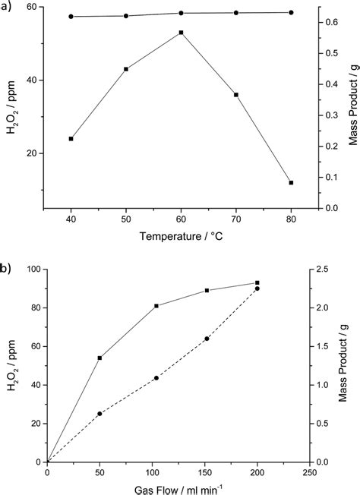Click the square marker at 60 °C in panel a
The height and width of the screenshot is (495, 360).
pyautogui.click(x=181, y=33)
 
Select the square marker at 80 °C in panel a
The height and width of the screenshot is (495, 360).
pyautogui.click(x=291, y=182)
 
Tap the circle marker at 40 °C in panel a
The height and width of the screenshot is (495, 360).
pyautogui.click(x=71, y=16)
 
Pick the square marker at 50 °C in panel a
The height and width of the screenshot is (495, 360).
pyautogui.click(x=126, y=69)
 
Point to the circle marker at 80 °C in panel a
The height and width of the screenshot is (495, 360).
pyautogui.click(x=291, y=12)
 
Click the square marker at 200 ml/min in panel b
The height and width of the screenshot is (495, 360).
pyautogui.click(x=257, y=283)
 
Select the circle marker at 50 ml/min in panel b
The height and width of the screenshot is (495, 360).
pyautogui.click(x=99, y=414)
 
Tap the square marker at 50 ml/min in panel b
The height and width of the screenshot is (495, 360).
pyautogui.click(x=99, y=358)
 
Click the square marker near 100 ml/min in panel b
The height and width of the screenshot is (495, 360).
pyautogui.click(x=156, y=306)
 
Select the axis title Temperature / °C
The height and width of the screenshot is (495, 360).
pyautogui.click(x=180, y=237)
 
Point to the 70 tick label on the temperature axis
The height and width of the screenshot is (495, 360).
pyautogui.click(x=235, y=220)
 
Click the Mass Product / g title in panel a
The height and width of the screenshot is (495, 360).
pyautogui.click(x=352, y=106)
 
